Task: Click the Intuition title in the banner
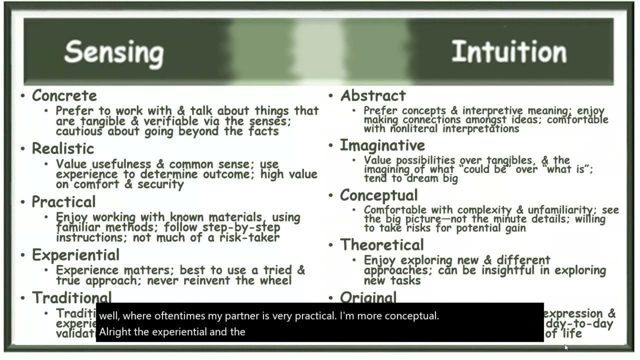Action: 509,51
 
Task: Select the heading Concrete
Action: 64,95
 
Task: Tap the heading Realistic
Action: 63,148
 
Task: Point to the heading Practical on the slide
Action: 63,201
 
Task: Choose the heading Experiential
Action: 76,254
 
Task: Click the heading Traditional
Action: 72,297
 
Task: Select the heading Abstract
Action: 373,95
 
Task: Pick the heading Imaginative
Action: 382,145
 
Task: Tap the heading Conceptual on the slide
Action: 379,195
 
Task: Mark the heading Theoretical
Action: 382,244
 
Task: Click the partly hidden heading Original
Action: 368,297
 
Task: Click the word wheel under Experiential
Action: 274,280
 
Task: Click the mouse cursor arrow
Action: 566,347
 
